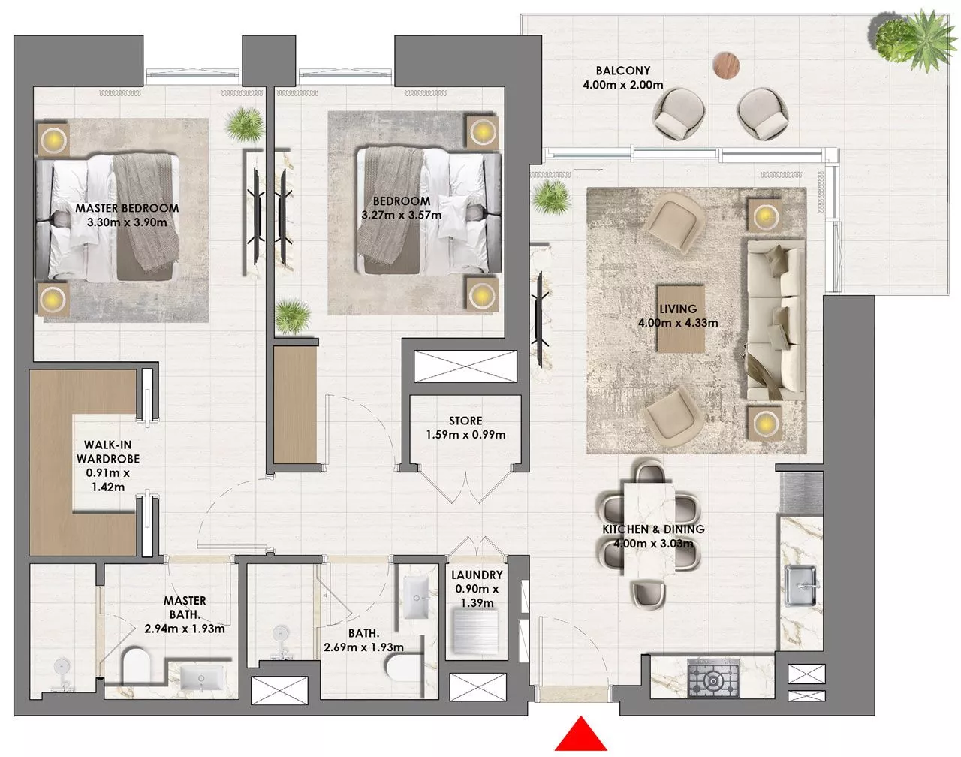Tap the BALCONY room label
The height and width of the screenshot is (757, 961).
[x=623, y=71]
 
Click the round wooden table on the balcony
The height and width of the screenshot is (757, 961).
[x=726, y=65]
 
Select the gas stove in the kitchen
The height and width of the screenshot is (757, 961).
[x=713, y=677]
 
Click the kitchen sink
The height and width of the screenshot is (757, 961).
[x=802, y=585]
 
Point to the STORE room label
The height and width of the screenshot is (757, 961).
[x=465, y=421]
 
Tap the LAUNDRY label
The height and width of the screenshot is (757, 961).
[x=477, y=575]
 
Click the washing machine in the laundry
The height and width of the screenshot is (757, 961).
[x=475, y=632]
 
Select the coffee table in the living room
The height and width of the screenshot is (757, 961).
[x=680, y=319]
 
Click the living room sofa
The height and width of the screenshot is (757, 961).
[x=776, y=320]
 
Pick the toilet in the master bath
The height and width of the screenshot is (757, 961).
[x=136, y=667]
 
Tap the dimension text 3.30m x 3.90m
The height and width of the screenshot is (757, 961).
[x=128, y=222]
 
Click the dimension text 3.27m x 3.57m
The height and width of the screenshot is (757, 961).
[x=402, y=215]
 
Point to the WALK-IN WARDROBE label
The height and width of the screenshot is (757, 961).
[x=108, y=452]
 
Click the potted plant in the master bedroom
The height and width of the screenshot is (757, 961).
[x=245, y=125]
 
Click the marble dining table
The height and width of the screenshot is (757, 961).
[x=649, y=530]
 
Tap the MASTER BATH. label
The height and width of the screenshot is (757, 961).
[x=185, y=608]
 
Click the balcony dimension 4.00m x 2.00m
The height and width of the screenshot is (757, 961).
[x=623, y=85]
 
